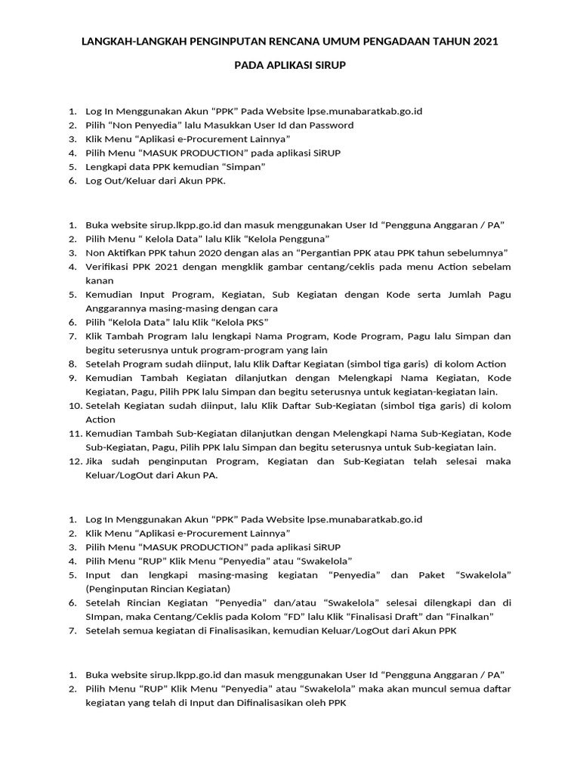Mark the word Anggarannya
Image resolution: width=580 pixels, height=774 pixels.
coord(114,308)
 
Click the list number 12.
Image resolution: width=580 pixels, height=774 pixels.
coord(74,461)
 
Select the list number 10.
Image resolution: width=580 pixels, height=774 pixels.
coord(74,405)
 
